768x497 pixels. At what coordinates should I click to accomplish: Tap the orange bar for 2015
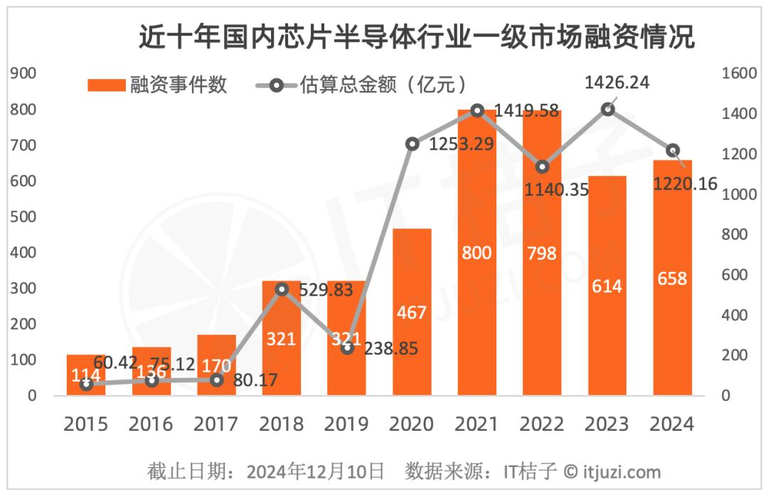coord(86,375)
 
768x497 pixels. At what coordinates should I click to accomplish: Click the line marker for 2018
coord(282,289)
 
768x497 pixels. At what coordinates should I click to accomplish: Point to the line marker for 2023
coord(607,109)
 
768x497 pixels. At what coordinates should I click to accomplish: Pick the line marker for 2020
coord(412,144)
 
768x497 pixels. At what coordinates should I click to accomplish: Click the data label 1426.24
coord(617,83)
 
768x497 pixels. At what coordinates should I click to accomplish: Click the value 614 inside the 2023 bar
coord(607,286)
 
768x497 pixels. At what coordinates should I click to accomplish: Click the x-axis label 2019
coord(346,424)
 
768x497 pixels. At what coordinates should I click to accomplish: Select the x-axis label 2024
coord(672,424)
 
